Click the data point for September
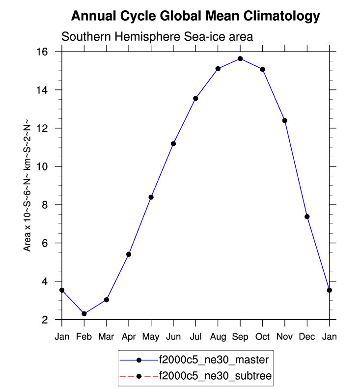pyautogui.click(x=240, y=58)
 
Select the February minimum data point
pyautogui.click(x=84, y=313)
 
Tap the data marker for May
pyautogui.click(x=151, y=197)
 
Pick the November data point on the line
pyautogui.click(x=285, y=120)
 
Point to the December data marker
pyautogui.click(x=307, y=217)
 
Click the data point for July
pyautogui.click(x=195, y=98)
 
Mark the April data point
pyautogui.click(x=129, y=254)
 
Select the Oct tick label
pyautogui.click(x=262, y=337)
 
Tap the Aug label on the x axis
pyautogui.click(x=218, y=337)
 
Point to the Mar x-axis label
pyautogui.click(x=106, y=337)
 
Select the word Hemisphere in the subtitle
pyautogui.click(x=139, y=37)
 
